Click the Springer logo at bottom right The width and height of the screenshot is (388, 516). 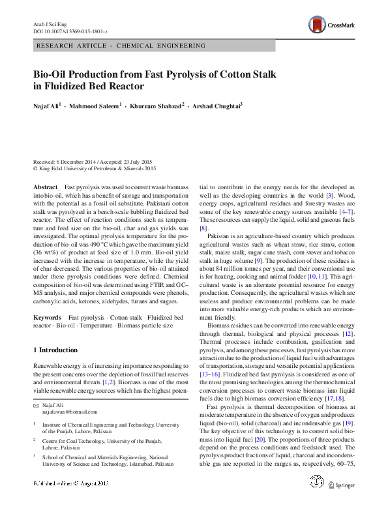point(342,502)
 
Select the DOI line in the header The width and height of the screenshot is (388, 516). point(70,31)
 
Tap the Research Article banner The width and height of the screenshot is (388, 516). point(121,46)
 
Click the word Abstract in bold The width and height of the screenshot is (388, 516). point(45,187)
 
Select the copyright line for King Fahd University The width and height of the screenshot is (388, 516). point(95,168)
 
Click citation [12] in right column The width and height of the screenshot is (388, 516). point(348,334)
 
